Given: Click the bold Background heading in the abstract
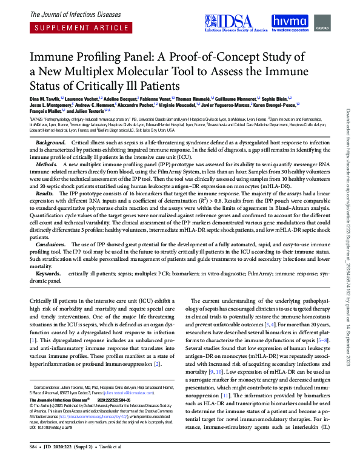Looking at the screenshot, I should tap(51, 141).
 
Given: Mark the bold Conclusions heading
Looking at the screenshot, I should tap(51, 244).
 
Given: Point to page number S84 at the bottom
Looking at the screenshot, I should tap(34, 462).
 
